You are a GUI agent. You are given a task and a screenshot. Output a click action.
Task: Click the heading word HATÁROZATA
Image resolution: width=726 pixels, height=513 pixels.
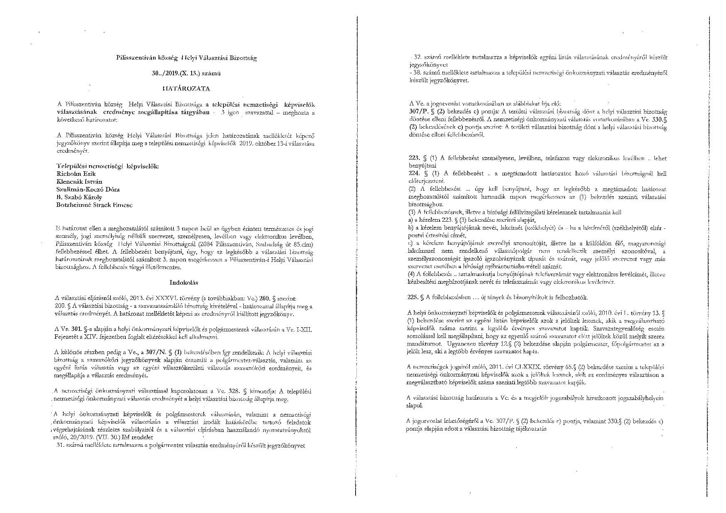pyautogui.click(x=186, y=89)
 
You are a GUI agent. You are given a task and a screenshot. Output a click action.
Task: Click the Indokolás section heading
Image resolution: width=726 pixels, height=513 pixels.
pyautogui.click(x=184, y=283)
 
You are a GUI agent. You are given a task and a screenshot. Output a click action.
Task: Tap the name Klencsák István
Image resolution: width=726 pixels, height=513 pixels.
pyautogui.click(x=79, y=182)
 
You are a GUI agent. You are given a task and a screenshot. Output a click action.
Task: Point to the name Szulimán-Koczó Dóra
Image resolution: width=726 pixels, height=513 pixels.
pyautogui.click(x=88, y=189)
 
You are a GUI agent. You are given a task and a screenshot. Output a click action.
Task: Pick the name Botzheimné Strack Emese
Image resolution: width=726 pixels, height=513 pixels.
pyautogui.click(x=94, y=205)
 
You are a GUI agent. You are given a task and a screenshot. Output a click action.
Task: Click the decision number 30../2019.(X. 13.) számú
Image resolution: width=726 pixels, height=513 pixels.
pyautogui.click(x=187, y=74)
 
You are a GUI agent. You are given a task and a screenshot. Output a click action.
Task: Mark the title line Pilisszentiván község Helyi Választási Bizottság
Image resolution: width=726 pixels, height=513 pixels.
pyautogui.click(x=186, y=58)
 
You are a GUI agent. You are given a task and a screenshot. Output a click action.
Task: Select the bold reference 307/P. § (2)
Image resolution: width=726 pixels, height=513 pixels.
pyautogui.click(x=429, y=112)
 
